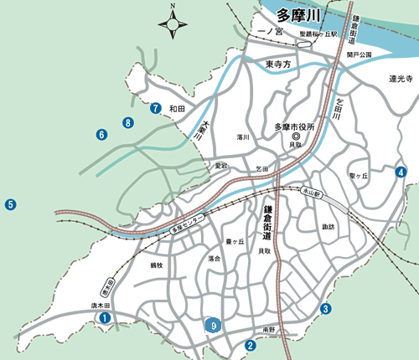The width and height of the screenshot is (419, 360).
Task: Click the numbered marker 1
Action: coord(105,318)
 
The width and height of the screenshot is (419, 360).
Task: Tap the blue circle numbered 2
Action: coord(250,344)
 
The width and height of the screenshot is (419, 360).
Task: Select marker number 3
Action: coord(324,309)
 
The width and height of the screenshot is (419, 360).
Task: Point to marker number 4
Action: coord(401,172)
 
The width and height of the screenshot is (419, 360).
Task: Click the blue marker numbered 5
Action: coord(11,203)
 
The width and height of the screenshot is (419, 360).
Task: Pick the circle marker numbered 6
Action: coord(101,134)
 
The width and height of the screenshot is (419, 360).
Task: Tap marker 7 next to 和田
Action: coord(156,108)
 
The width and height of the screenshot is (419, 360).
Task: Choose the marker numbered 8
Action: coord(127,123)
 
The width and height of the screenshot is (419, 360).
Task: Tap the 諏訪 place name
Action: coord(328,227)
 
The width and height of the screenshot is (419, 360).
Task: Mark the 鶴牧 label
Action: coord(156,265)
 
